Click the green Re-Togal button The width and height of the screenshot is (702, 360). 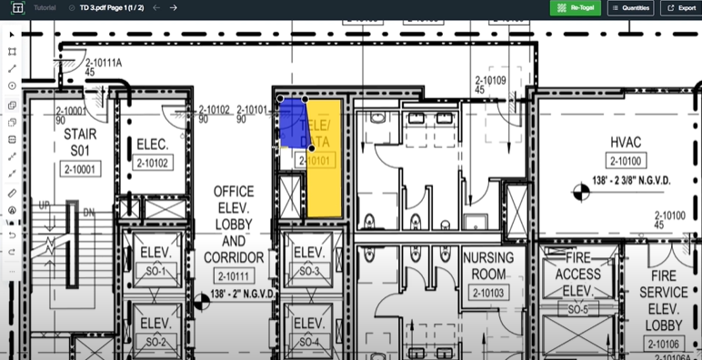click(575, 7)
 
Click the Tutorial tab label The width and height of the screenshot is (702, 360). click(44, 7)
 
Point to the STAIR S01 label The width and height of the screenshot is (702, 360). click(80, 142)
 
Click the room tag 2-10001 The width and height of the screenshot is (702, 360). click(80, 169)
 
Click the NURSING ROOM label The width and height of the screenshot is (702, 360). click(488, 265)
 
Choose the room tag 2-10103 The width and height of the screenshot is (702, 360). click(488, 293)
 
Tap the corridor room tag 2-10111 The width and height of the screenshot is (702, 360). click(234, 275)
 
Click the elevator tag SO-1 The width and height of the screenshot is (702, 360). click(155, 272)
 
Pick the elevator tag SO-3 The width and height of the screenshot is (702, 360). click(309, 272)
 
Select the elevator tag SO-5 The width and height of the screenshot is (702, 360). click(578, 309)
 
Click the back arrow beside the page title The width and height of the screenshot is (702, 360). click(156, 7)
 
